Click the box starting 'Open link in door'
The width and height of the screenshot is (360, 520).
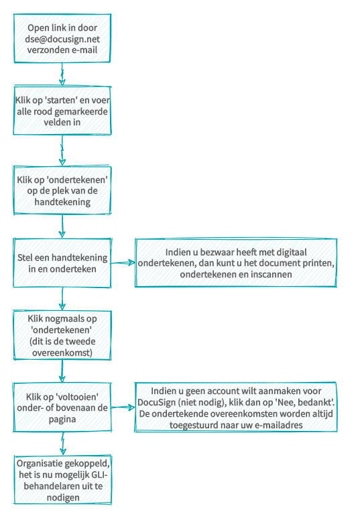click(x=62, y=38)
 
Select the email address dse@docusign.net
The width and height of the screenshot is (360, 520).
click(x=62, y=39)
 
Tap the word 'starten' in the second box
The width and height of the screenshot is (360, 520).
click(x=61, y=100)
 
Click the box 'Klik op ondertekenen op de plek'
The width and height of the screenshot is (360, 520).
click(x=62, y=190)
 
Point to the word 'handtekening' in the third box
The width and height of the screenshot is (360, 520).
click(x=62, y=202)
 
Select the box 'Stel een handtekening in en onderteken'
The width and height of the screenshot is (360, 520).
click(x=62, y=263)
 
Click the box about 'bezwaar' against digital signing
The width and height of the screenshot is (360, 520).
click(x=236, y=263)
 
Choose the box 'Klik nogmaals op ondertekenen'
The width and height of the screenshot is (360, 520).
click(x=62, y=335)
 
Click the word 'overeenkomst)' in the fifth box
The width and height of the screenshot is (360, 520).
click(x=62, y=352)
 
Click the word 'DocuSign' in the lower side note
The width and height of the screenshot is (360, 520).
click(x=156, y=402)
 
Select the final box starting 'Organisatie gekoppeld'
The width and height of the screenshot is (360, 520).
click(x=63, y=480)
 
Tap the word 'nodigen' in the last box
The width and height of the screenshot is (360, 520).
click(x=63, y=497)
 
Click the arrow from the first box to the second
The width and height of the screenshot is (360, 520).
click(x=62, y=74)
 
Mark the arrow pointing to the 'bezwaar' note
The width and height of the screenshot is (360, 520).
click(x=123, y=263)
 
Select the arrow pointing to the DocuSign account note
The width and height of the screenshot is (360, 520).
click(x=123, y=407)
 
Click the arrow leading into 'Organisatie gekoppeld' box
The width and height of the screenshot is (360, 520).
click(x=63, y=444)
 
